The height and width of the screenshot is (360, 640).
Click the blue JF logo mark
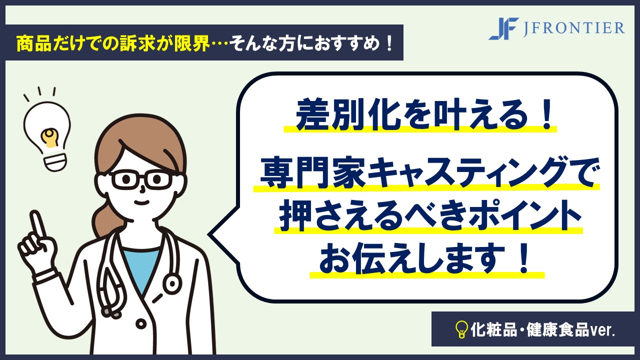pos(504,28)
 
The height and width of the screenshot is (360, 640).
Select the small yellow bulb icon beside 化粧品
pos(461,329)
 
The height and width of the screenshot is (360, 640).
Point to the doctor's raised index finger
pos(37,225)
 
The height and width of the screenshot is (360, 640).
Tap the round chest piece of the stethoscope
pos(171,283)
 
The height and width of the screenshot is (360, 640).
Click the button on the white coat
pos(140,324)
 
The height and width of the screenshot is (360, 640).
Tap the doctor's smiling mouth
pos(142,202)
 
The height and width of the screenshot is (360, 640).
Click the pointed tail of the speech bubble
pos(210,235)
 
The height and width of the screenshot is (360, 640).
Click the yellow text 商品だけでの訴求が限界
pos(113,43)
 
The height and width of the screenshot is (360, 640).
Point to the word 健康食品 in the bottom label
pos(557,330)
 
